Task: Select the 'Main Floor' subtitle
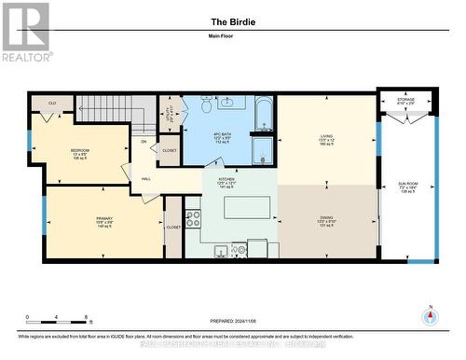pos(233,37)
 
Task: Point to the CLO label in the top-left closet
pos(52,104)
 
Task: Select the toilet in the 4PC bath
pos(206,106)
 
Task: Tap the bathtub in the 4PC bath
pos(263,118)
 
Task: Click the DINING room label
pos(326,222)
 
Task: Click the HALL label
pos(147,178)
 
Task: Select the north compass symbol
pos(431,316)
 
